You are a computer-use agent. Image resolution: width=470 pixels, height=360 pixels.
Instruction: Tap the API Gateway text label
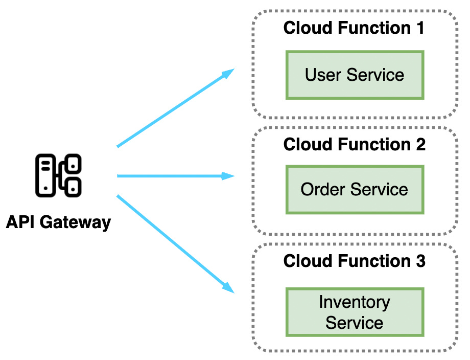(x=58, y=222)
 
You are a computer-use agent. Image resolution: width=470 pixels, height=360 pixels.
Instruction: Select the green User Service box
(x=355, y=75)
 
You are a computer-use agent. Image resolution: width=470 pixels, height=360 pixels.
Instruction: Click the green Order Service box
(x=355, y=189)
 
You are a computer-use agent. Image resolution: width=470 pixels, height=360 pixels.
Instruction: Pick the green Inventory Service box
(x=355, y=312)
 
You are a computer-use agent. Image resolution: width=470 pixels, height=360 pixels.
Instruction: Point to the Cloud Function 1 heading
(x=354, y=28)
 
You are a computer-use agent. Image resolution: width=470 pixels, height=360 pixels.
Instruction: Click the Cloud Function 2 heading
(x=354, y=144)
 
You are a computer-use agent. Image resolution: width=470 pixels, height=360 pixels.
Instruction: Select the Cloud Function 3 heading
(x=354, y=261)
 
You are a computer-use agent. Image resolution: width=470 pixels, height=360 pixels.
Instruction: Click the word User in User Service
(x=323, y=75)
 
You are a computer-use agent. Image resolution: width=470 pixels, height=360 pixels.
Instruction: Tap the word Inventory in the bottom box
(x=355, y=302)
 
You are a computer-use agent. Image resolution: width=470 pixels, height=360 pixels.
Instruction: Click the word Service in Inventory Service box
(x=355, y=323)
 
